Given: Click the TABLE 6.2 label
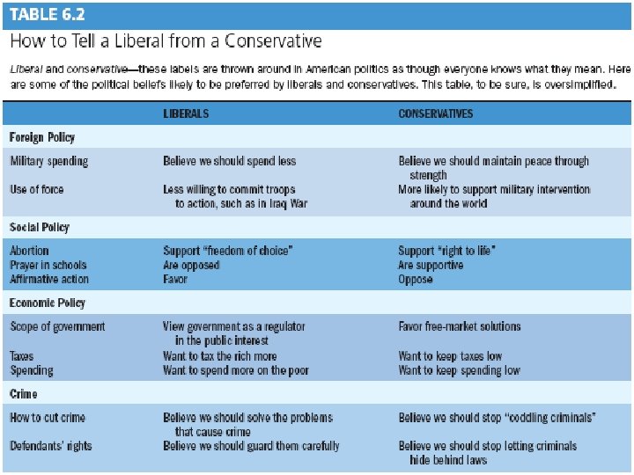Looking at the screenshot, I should [52, 16].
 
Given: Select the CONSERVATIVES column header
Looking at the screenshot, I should [435, 113].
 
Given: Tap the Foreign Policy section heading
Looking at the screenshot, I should [42, 137].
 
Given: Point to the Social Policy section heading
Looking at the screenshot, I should [39, 227].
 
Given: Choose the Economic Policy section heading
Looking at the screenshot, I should [48, 303].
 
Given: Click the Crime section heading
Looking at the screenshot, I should [24, 394].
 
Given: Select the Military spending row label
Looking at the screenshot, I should [49, 162].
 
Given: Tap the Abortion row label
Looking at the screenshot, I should [30, 251].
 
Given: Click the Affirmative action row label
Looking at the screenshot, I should [49, 279].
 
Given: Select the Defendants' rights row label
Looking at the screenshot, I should [51, 446].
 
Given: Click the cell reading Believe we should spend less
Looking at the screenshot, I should [230, 162].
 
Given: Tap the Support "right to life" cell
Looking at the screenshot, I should [447, 251].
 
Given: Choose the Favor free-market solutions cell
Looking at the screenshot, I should [460, 326].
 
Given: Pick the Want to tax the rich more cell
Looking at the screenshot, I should [220, 356].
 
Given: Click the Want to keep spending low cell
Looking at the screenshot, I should [459, 370].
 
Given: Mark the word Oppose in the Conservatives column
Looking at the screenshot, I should [416, 279].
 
